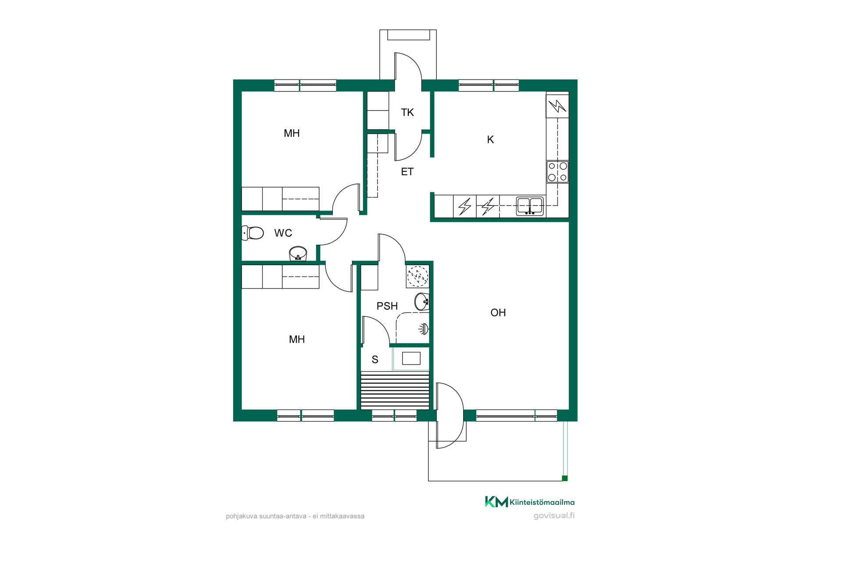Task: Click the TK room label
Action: tap(407, 113)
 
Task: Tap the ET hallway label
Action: tap(407, 172)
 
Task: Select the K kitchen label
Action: tap(490, 139)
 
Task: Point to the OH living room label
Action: tap(498, 312)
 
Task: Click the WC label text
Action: tap(283, 233)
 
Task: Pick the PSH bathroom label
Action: tap(387, 306)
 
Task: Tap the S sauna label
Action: tap(375, 360)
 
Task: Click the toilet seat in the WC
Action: tap(253, 233)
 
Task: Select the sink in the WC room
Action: tap(298, 253)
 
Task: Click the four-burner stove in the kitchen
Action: tap(557, 172)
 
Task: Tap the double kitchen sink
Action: tap(530, 206)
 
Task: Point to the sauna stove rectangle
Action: tap(411, 359)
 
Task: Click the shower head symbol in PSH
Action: tap(424, 329)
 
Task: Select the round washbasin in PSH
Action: tap(422, 302)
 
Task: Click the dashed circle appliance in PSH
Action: tap(417, 276)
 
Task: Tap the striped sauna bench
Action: tap(395, 391)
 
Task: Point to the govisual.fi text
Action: tap(554, 515)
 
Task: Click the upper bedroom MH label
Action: tap(292, 133)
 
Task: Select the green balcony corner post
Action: tap(565, 478)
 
